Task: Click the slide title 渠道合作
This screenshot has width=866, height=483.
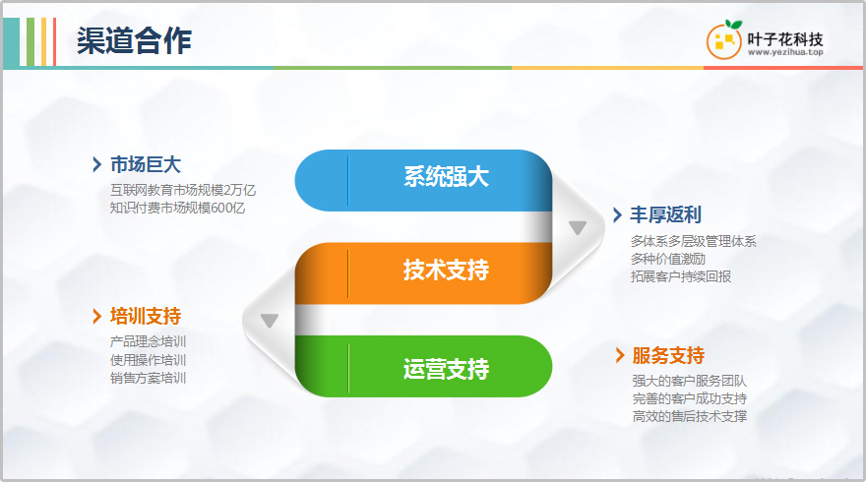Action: tap(134, 41)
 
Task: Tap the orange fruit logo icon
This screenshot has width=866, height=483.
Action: tap(724, 39)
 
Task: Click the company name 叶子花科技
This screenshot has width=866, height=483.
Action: tap(785, 39)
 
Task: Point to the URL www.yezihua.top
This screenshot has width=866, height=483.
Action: tap(785, 52)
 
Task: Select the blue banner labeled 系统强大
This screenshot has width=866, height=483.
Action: tap(423, 180)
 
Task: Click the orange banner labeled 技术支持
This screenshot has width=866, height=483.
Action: tap(423, 273)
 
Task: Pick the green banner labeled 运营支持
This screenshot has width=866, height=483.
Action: tap(423, 367)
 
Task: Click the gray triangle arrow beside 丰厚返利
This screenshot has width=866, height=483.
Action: tap(578, 227)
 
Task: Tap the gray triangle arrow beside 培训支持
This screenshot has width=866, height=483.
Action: tap(270, 320)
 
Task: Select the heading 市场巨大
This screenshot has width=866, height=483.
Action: tap(146, 164)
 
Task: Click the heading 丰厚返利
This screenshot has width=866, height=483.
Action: tap(666, 214)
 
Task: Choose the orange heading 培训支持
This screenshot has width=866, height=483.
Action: tap(146, 317)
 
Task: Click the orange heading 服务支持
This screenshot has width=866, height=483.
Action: tap(668, 355)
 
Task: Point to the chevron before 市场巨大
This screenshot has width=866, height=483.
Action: tap(97, 164)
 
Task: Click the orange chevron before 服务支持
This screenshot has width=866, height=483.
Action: tap(620, 355)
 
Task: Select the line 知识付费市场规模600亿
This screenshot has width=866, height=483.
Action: tap(177, 209)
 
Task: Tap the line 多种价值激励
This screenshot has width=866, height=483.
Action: tap(668, 259)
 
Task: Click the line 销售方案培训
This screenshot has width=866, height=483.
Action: tap(148, 378)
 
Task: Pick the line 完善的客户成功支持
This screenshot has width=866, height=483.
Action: tap(690, 398)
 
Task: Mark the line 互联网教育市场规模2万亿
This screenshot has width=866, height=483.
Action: tap(183, 191)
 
